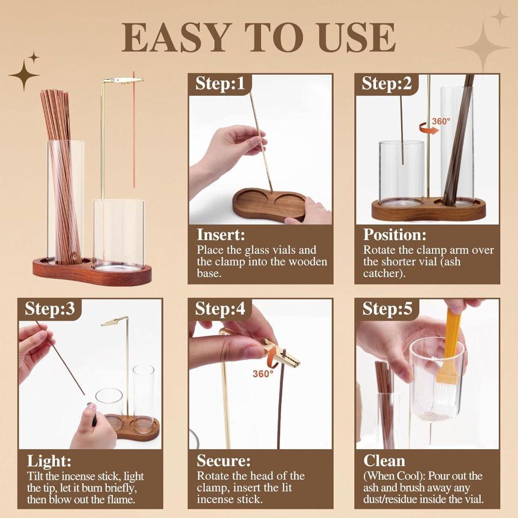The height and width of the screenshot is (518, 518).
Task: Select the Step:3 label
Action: (x=50, y=309)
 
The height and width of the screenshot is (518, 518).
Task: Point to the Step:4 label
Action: (x=220, y=309)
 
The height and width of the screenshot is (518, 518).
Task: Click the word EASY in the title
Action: (x=171, y=37)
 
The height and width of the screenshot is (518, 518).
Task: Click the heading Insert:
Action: (x=221, y=235)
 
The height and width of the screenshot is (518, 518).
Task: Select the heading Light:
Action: (x=49, y=461)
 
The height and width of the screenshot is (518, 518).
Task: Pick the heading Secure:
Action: (x=223, y=461)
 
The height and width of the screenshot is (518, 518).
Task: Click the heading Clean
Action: (x=384, y=461)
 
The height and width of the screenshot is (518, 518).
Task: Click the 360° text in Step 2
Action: (x=441, y=121)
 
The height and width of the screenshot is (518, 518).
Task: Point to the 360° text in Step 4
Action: (x=263, y=373)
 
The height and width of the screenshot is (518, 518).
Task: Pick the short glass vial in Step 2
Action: (x=401, y=171)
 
